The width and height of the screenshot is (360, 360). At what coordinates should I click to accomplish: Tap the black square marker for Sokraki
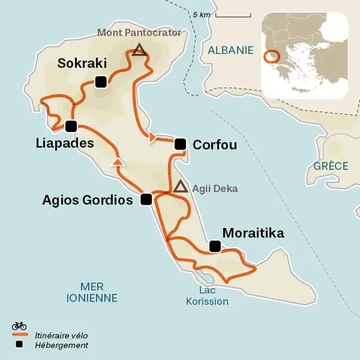click(x=100, y=82)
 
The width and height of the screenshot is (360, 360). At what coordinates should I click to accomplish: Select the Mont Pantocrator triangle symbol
click(x=139, y=49)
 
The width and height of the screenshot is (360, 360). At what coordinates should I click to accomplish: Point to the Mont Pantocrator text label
click(x=139, y=32)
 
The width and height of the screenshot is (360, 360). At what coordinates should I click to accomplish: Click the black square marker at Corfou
click(x=180, y=144)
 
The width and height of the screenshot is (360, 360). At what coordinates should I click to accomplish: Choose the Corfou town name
click(x=214, y=144)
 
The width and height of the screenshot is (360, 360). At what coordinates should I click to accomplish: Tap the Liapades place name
click(x=65, y=143)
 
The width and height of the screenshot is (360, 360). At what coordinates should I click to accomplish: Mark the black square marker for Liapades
click(x=71, y=125)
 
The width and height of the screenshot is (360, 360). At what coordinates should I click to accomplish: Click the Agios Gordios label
click(x=87, y=200)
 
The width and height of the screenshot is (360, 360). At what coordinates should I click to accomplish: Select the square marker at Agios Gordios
click(x=145, y=200)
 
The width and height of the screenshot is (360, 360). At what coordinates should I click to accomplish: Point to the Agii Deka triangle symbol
click(x=179, y=187)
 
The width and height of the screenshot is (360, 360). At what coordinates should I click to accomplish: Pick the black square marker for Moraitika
click(x=214, y=247)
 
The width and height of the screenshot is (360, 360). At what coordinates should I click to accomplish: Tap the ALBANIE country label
click(x=231, y=50)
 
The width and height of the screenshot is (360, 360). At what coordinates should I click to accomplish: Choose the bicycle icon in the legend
click(x=19, y=326)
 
